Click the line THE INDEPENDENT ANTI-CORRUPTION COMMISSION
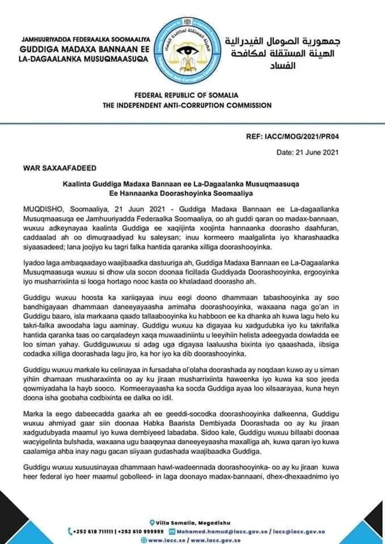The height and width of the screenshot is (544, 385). click(192, 106)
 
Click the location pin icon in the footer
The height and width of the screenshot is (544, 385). click(153, 522)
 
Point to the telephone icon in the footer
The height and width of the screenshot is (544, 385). click(71, 532)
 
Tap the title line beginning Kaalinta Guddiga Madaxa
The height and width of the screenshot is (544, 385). click(192, 182)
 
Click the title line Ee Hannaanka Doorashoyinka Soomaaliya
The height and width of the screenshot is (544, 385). click(192, 192)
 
